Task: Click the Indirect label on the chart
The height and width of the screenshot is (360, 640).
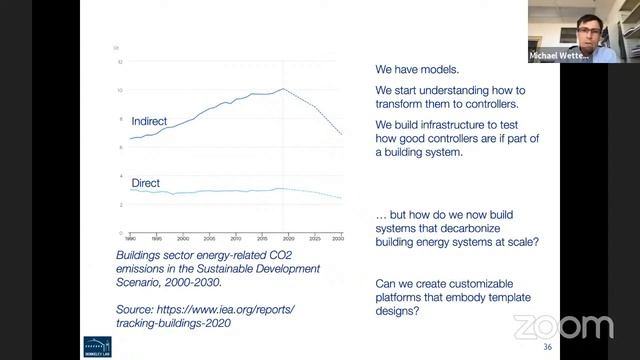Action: tap(150, 121)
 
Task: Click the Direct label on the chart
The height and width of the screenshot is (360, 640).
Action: tap(146, 183)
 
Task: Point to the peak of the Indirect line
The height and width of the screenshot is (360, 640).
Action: tap(283, 89)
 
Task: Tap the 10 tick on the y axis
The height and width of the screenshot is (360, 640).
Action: tap(120, 90)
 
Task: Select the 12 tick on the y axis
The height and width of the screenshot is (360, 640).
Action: tap(120, 62)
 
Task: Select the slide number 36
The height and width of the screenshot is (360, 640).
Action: tap(547, 346)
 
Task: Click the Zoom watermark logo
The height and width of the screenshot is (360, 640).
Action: tap(563, 326)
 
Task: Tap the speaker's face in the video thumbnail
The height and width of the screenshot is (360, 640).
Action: tap(577, 28)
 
